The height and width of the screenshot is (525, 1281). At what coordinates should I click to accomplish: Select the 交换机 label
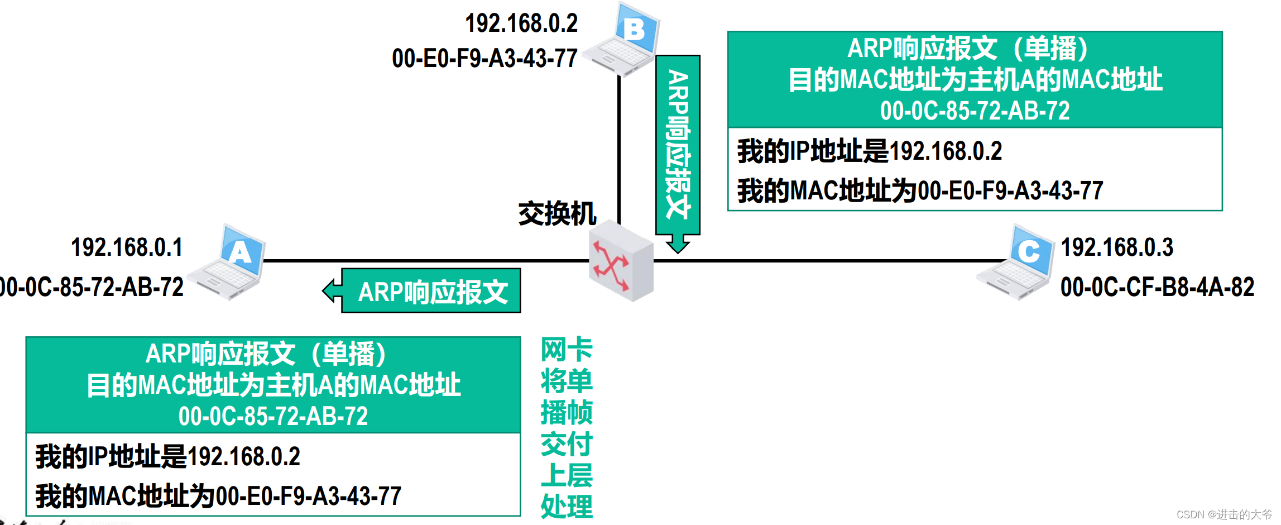(556, 214)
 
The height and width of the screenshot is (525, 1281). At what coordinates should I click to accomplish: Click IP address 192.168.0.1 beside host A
(127, 247)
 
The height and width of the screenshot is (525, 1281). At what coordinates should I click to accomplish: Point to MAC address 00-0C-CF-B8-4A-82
(1157, 287)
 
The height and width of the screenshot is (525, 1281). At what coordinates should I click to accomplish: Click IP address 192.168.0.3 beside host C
(1116, 247)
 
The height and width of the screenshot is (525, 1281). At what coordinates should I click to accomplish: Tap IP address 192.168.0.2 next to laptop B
(521, 23)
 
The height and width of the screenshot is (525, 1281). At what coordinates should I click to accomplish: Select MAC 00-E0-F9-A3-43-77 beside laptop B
(484, 59)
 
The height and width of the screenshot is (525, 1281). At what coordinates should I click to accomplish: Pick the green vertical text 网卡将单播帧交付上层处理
(566, 428)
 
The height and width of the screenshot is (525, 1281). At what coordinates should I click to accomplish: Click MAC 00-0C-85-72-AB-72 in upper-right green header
(975, 111)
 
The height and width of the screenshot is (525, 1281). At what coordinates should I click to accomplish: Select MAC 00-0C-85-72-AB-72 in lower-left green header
(273, 416)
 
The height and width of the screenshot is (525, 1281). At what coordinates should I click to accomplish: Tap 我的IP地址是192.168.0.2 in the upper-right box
(869, 151)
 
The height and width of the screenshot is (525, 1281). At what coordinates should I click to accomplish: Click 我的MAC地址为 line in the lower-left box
(218, 496)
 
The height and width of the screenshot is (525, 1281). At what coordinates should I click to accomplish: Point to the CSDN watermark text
(1224, 514)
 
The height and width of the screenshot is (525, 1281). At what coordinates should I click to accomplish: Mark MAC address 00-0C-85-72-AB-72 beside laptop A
(92, 287)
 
